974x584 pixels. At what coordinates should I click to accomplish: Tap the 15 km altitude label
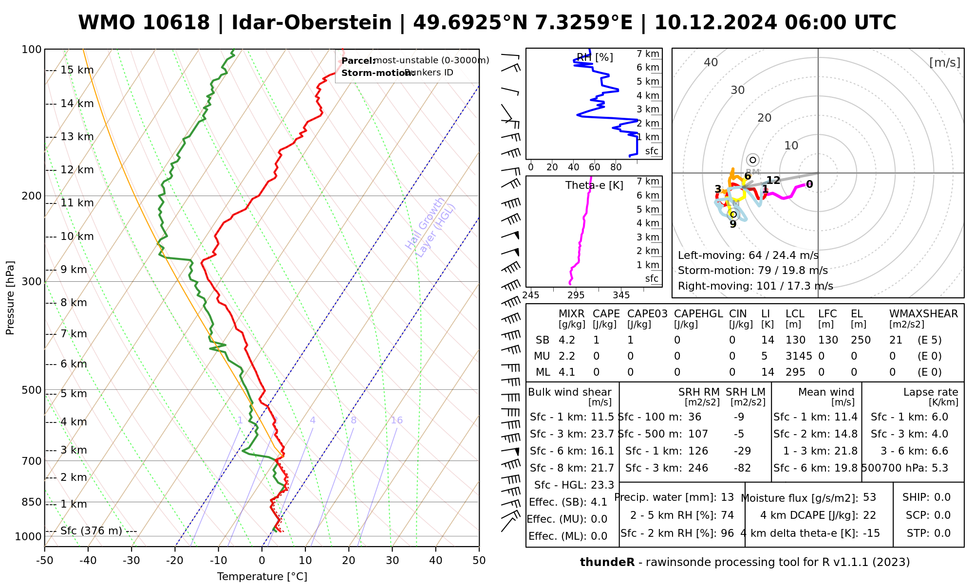click(77, 70)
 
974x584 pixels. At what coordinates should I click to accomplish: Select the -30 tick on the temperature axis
click(131, 561)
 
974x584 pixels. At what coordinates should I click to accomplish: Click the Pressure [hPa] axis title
click(10, 298)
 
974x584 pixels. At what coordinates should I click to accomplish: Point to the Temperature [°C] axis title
click(262, 577)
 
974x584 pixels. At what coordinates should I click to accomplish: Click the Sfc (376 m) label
click(91, 530)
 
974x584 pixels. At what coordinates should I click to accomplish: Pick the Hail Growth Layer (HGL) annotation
click(431, 227)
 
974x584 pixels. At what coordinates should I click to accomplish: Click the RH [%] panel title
click(595, 57)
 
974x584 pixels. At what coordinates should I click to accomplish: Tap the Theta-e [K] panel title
click(594, 185)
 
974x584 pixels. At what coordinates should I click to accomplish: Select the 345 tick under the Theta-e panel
click(621, 295)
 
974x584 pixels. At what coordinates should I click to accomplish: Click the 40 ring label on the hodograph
click(711, 62)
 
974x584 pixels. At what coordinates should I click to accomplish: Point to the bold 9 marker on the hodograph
click(733, 224)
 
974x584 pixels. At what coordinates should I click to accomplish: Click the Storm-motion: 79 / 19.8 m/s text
click(752, 271)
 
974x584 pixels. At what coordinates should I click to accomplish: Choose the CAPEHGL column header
click(698, 314)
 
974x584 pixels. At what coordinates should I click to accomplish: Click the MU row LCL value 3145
click(799, 356)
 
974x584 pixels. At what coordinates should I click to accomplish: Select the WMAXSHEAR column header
click(923, 314)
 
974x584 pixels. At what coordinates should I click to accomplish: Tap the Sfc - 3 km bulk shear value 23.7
click(603, 434)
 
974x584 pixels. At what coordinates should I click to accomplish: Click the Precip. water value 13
click(727, 497)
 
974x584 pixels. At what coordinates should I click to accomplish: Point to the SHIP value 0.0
click(942, 497)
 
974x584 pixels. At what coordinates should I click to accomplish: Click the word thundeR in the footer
click(607, 563)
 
